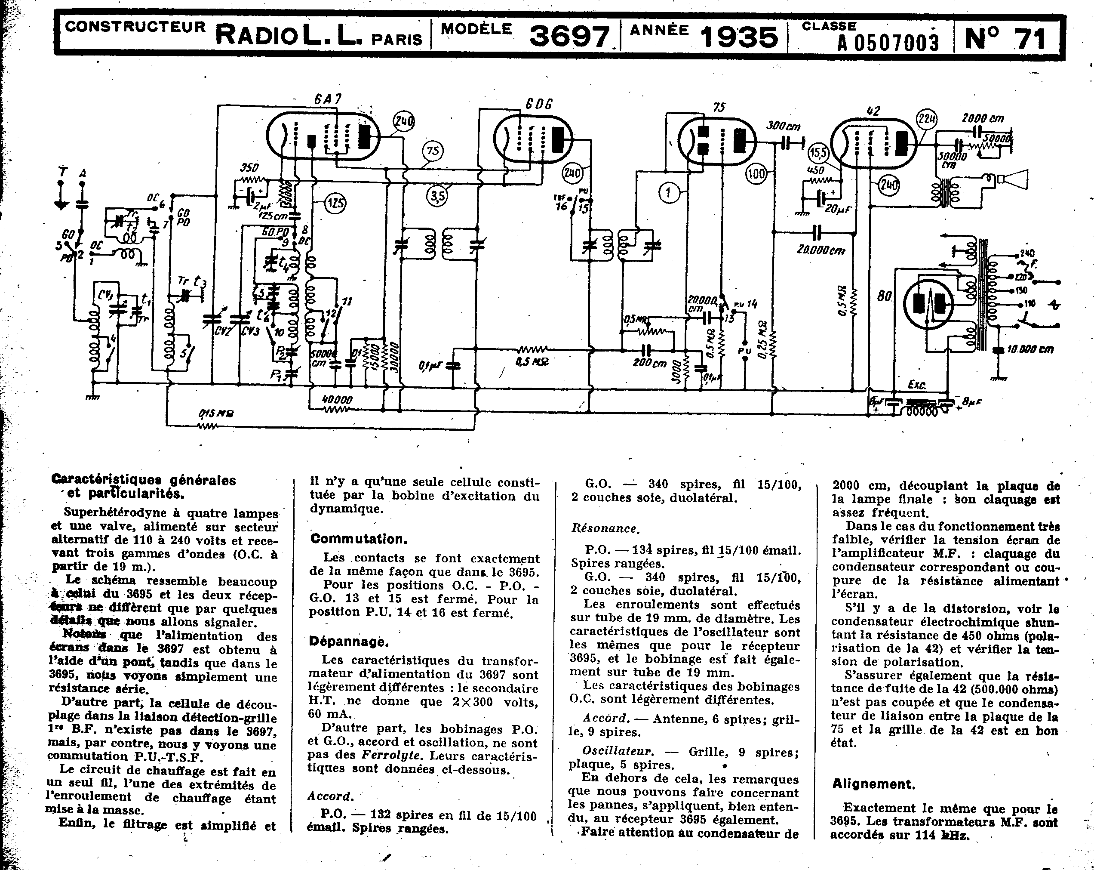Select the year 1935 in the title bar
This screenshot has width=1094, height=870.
point(739,37)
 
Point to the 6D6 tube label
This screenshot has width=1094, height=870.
point(538,104)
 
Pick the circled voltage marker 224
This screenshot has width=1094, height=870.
point(927,120)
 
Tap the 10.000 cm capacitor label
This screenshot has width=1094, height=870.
point(1030,349)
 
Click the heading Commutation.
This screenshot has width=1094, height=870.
point(359,539)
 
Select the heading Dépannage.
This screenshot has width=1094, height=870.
point(349,642)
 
